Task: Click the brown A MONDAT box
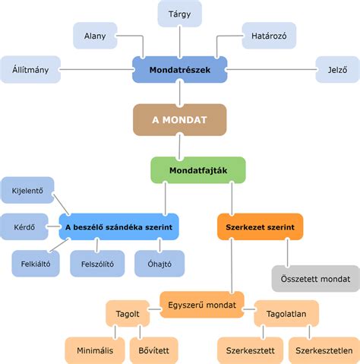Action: point(180,120)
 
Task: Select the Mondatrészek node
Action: point(180,70)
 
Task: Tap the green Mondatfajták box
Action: point(198,170)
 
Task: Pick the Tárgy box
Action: point(180,14)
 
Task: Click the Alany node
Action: point(95,36)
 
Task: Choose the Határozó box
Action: point(269,36)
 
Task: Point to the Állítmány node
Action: point(30,70)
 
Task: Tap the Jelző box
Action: point(338,70)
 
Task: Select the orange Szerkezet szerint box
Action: point(261,227)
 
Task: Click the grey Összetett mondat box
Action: point(316,279)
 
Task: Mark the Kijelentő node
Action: point(27,191)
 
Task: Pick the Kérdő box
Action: point(24,227)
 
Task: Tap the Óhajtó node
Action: point(159,264)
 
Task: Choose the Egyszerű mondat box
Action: point(202,305)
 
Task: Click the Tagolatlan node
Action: point(286,314)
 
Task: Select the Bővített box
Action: point(154,350)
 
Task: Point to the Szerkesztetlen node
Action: point(324,350)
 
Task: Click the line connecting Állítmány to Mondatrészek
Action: point(96,69)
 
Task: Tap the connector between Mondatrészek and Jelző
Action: point(271,69)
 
